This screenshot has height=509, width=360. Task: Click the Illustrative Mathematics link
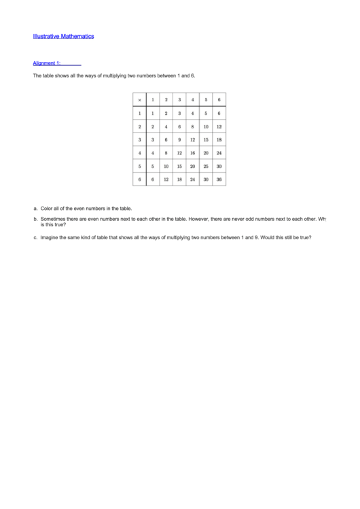[x=63, y=36]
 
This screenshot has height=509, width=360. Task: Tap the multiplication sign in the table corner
[x=139, y=100]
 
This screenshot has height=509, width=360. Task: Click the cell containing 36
[x=219, y=179]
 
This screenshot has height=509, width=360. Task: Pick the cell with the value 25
[x=206, y=166]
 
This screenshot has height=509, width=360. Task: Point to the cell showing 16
[x=192, y=153]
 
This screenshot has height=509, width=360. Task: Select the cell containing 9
[x=179, y=139]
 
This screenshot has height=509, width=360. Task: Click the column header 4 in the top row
[x=192, y=100]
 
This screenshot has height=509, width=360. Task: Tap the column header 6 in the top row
[x=219, y=100]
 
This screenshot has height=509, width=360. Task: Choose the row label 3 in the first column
[x=139, y=139]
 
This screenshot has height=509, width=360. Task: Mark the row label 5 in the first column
[x=139, y=166]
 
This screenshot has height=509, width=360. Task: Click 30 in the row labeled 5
[x=219, y=166]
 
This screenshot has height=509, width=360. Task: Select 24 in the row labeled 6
[x=192, y=179]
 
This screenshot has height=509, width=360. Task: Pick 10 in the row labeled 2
[x=206, y=126]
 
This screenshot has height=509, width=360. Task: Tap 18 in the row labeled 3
[x=219, y=139]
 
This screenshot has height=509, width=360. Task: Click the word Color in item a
[x=47, y=209]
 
